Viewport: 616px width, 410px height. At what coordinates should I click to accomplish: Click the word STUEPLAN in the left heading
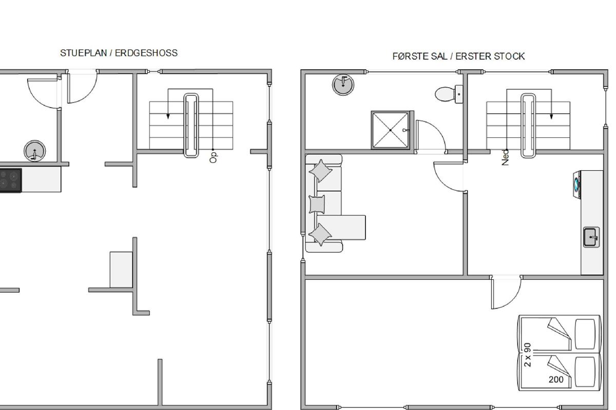[83, 53]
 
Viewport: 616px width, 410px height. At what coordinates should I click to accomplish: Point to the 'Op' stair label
[214, 158]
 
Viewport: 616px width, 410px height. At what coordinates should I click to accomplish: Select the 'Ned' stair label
[505, 157]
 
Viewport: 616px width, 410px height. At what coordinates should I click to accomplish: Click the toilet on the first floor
[449, 94]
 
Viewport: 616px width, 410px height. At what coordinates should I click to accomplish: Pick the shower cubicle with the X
[391, 130]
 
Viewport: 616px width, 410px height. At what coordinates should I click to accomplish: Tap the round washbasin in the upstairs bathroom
[343, 85]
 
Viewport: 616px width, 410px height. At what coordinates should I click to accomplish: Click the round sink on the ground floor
[35, 151]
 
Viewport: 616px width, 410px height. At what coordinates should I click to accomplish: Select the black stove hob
[10, 180]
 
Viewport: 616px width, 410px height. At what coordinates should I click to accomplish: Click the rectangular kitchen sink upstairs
[591, 237]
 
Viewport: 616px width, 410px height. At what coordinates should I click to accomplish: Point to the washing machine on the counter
[577, 184]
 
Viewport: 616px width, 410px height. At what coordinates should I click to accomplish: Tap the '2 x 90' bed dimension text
[528, 355]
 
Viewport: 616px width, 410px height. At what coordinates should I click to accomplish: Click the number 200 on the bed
[556, 380]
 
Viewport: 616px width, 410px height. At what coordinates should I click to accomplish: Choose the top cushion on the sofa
[320, 171]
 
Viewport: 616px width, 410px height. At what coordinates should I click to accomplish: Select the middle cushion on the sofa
[317, 204]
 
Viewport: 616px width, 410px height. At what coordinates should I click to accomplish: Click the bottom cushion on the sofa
[320, 235]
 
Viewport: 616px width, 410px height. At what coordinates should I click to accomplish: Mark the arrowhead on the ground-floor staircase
[168, 116]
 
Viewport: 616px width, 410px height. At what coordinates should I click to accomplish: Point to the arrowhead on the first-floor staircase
[551, 116]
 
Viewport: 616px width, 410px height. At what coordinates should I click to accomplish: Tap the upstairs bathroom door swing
[437, 129]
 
